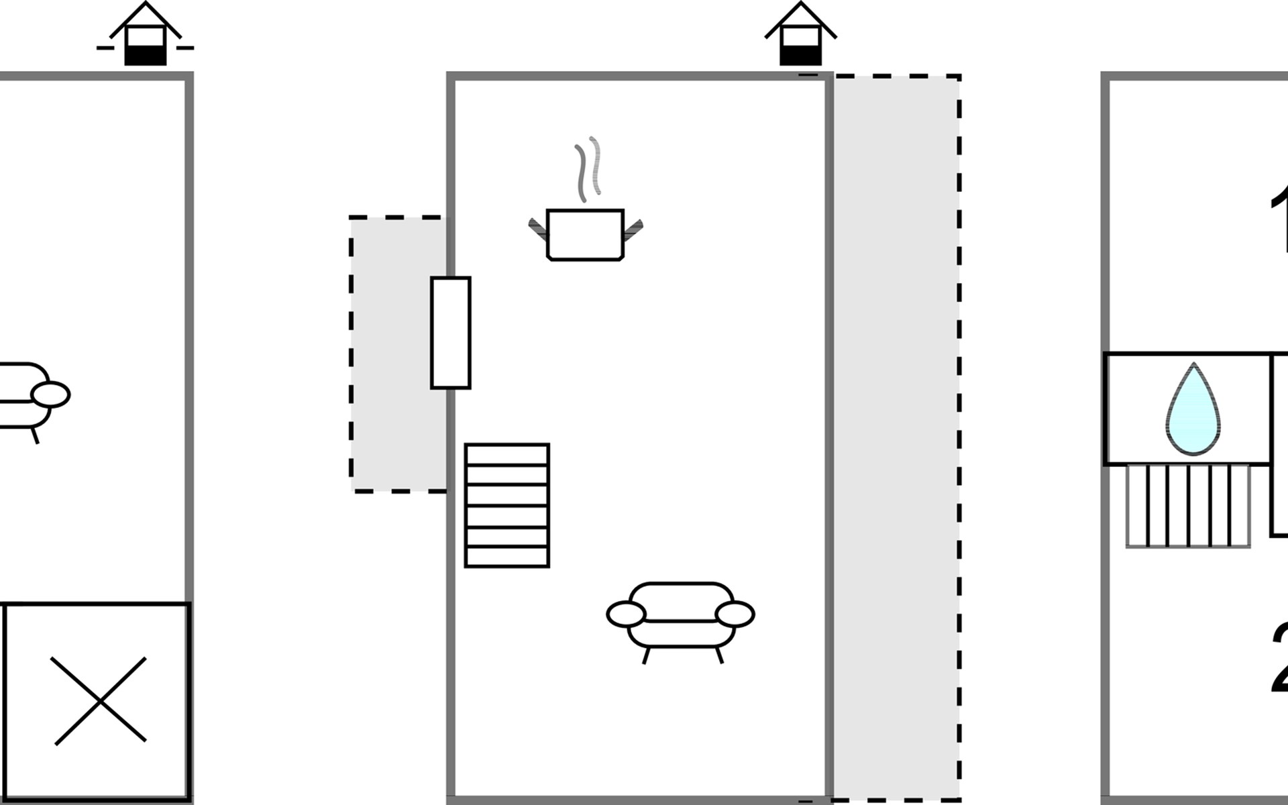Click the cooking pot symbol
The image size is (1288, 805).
585,235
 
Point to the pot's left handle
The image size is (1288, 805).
538,228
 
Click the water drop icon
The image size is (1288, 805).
1193,411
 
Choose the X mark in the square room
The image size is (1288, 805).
99,701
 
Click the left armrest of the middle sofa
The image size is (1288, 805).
626,614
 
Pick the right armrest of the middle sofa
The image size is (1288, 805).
735,614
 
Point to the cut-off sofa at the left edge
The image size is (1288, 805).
27,396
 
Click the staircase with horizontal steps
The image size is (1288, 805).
507,505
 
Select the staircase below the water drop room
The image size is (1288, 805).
1188,506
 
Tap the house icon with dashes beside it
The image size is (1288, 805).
146,36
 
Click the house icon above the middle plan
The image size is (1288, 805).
800,36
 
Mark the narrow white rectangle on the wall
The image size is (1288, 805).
451,333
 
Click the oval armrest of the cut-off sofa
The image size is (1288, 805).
51,394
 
